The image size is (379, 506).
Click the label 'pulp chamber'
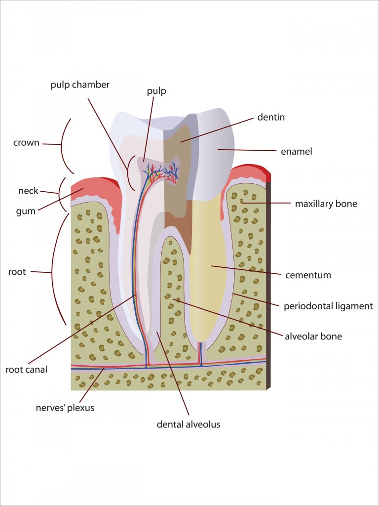tap(80, 84)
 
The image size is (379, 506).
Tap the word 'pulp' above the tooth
tap(156, 91)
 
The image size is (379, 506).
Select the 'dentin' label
tap(271, 118)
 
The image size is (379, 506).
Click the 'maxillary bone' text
tap(326, 204)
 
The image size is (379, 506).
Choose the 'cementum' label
tap(308, 275)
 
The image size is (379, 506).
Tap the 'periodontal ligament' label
tap(328, 306)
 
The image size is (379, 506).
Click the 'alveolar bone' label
tap(313, 337)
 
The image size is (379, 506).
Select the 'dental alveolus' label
tap(189, 424)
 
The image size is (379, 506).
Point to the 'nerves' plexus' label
tap(65, 408)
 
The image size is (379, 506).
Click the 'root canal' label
tap(27, 369)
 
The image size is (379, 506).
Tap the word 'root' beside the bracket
tap(17, 272)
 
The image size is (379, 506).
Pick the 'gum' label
tap(26, 211)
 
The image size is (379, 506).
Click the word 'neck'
tap(28, 191)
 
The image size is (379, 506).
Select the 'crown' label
tap(26, 143)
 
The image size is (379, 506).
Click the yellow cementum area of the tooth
tap(207, 267)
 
